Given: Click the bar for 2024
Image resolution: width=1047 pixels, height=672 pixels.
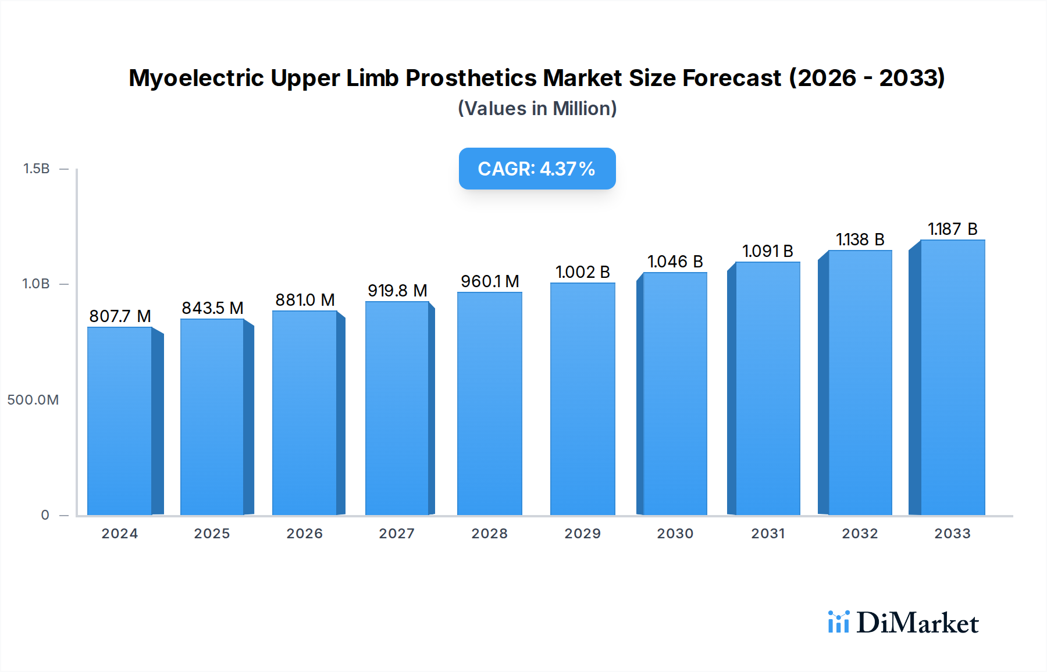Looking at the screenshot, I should (x=119, y=421).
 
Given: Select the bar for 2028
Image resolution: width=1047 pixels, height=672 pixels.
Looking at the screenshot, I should (x=489, y=404).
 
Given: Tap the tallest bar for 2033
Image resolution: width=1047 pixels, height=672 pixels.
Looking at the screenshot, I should (x=952, y=378).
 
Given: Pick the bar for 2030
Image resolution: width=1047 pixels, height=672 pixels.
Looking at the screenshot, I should (x=675, y=394).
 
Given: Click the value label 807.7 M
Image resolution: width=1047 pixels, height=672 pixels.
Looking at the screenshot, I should (x=120, y=316).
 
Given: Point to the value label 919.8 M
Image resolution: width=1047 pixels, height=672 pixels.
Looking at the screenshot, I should (x=397, y=291).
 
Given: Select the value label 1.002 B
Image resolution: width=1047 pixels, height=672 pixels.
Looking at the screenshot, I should (x=582, y=272).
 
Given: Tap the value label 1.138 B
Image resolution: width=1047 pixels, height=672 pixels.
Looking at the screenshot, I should (x=860, y=240).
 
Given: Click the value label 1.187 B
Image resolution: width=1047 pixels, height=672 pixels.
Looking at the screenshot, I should (x=952, y=229).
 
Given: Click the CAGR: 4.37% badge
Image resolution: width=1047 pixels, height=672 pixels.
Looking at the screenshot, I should (x=537, y=169).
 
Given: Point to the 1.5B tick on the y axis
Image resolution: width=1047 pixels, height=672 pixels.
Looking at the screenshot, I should (x=36, y=169).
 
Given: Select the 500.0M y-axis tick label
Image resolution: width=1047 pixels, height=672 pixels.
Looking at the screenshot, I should (x=33, y=400).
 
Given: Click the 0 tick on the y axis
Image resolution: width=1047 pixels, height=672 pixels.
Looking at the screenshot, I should (x=45, y=515).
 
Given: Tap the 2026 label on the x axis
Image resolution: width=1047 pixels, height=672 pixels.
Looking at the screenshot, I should (x=304, y=534).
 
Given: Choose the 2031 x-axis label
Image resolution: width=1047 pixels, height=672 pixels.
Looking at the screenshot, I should (x=768, y=534).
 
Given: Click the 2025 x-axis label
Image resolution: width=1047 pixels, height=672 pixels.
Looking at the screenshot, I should (x=212, y=534).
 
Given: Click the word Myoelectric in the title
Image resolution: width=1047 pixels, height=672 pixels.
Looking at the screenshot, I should (x=196, y=78).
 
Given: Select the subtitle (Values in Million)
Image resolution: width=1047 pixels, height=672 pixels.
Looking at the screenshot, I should (x=537, y=109).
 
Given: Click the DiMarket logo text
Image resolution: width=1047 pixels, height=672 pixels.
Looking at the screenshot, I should (x=917, y=623).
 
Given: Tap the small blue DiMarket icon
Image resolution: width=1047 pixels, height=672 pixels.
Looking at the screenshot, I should (x=838, y=622).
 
